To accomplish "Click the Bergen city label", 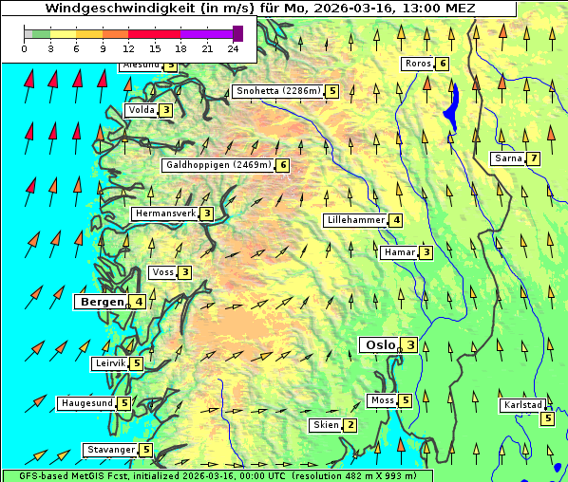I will (101, 302).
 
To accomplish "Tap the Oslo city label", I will (379, 344).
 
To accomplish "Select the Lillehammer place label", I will (355, 220).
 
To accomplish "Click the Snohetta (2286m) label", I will (277, 91).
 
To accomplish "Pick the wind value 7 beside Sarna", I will (534, 158).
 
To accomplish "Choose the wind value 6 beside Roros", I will (443, 64).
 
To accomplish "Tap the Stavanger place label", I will (109, 450).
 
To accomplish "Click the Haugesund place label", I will (86, 403).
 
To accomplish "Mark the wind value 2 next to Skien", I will (350, 425).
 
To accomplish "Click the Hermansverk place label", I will (164, 213).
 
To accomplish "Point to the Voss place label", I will (162, 272).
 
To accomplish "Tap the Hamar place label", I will (399, 252).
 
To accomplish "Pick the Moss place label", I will (383, 400).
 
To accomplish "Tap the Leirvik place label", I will (110, 363).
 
